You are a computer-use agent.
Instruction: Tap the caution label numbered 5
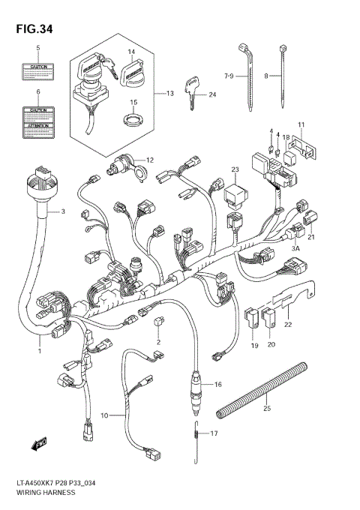pos(39,70)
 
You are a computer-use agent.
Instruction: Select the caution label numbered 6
pos(39,121)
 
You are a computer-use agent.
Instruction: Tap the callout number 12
pos(149,160)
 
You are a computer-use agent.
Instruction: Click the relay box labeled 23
pos(233,196)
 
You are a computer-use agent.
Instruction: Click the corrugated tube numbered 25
pos(262,390)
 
